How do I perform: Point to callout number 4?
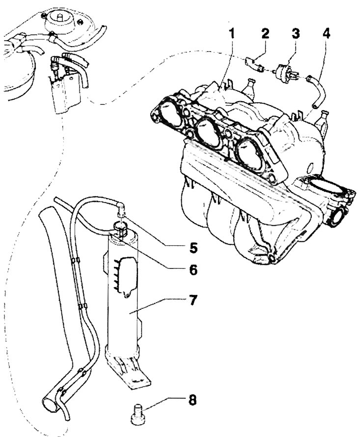tap(326, 34)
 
